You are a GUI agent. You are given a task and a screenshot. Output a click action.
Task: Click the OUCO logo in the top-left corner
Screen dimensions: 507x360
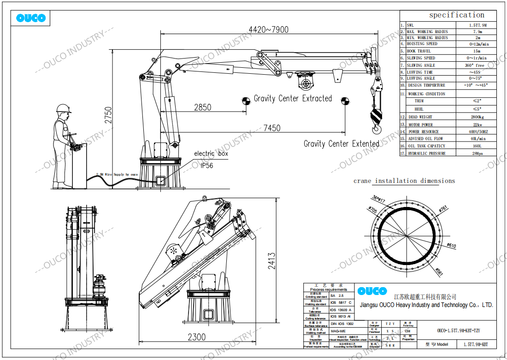tap(31, 18)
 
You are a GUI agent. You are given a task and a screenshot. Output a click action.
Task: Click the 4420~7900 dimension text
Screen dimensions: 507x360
tap(268, 30)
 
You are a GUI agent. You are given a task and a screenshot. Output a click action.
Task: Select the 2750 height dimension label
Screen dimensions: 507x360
tap(108, 116)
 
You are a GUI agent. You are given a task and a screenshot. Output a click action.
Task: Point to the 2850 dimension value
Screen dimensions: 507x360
tap(202, 107)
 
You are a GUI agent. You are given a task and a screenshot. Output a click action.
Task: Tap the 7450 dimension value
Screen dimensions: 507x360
tap(271, 128)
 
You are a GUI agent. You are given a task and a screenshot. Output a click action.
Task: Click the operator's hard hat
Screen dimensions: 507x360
tap(63, 108)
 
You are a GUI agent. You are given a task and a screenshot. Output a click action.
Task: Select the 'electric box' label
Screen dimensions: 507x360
tap(211, 153)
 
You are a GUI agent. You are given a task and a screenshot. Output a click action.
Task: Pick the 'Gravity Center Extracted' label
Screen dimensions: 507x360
tap(293, 98)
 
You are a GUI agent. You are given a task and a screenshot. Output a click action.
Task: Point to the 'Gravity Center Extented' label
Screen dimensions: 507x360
tap(341, 144)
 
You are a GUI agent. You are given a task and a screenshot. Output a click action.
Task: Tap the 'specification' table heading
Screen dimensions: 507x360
tap(456, 15)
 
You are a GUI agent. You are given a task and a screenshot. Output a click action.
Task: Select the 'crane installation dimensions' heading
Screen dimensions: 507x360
tap(404, 181)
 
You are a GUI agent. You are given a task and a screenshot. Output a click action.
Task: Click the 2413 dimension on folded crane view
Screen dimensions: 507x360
tap(272, 261)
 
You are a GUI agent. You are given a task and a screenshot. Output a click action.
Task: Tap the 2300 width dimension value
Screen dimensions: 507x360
tap(197, 337)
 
